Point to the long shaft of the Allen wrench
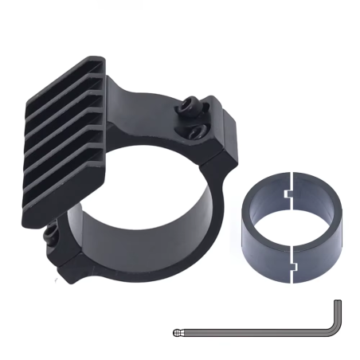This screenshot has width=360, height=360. (255, 330)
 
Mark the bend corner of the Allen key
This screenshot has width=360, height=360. (337, 331)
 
